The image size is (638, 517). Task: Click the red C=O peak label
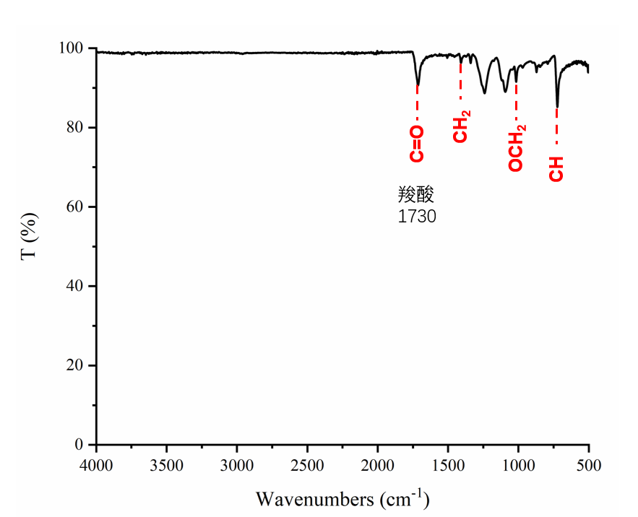tap(417, 144)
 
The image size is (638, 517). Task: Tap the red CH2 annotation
tap(461, 126)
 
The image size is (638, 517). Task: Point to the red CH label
tap(556, 167)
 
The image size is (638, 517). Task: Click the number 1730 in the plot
tap(417, 216)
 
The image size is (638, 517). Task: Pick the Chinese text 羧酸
tap(415, 196)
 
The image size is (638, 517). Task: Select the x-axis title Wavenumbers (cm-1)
tap(342, 498)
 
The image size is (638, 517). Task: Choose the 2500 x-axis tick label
tap(308, 464)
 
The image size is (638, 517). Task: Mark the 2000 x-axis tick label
tap(378, 464)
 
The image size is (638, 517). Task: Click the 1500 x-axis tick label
tap(448, 464)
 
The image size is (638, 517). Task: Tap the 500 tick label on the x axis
tap(589, 464)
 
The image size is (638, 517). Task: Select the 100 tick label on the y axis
tap(75, 48)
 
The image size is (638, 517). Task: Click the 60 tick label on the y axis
tap(79, 207)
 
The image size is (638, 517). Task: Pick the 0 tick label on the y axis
tap(82, 445)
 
